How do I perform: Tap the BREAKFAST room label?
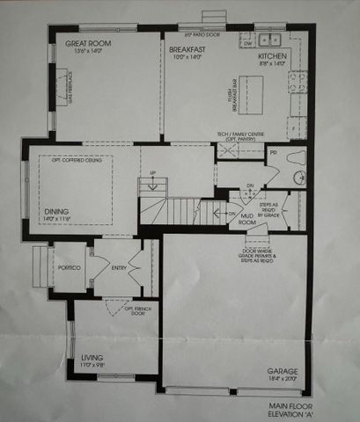coord(187,50)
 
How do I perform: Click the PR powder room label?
coord(274,152)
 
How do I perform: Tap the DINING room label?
coord(57,211)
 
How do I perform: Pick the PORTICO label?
coord(70,266)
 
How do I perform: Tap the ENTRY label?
coord(118,266)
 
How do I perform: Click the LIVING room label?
coord(91,358)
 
